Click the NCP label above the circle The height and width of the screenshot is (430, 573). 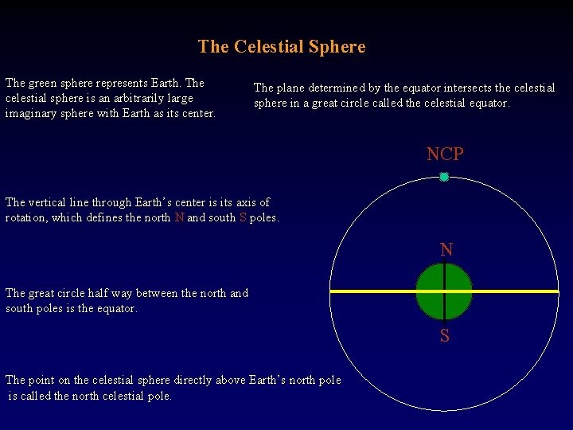point(444,154)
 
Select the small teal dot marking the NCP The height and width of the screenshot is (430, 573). point(444,177)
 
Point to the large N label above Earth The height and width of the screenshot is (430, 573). point(446,250)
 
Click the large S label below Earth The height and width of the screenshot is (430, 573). point(445,336)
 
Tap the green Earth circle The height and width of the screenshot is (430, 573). point(431,291)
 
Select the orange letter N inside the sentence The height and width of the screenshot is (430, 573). point(179,217)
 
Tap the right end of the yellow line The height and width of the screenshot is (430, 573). point(557,291)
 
